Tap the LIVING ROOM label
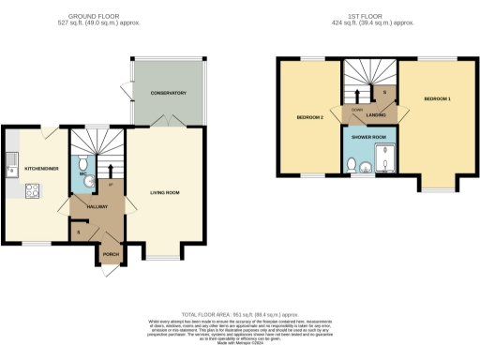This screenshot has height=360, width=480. click(x=165, y=194)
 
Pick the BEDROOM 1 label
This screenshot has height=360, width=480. click(x=437, y=98)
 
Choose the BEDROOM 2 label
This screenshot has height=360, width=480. click(x=310, y=117)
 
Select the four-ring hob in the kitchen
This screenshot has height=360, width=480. click(x=32, y=191)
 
